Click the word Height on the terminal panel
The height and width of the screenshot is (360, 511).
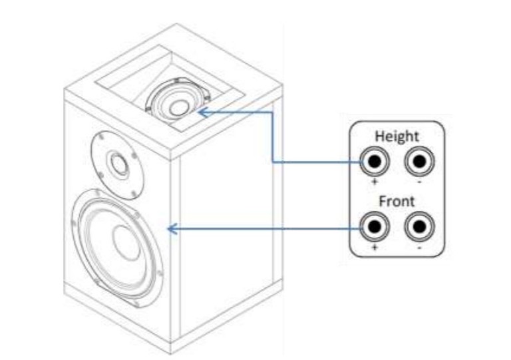(397, 136)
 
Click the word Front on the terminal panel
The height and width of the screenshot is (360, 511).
(397, 201)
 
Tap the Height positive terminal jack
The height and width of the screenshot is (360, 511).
(374, 162)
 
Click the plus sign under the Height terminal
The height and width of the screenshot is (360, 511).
(374, 180)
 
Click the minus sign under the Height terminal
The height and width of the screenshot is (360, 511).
(419, 180)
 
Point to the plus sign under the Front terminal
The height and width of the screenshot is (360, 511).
(374, 246)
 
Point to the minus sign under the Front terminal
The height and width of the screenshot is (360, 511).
(419, 246)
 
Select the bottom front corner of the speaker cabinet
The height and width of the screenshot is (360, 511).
(172, 353)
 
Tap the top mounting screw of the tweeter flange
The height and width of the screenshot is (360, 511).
(100, 134)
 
